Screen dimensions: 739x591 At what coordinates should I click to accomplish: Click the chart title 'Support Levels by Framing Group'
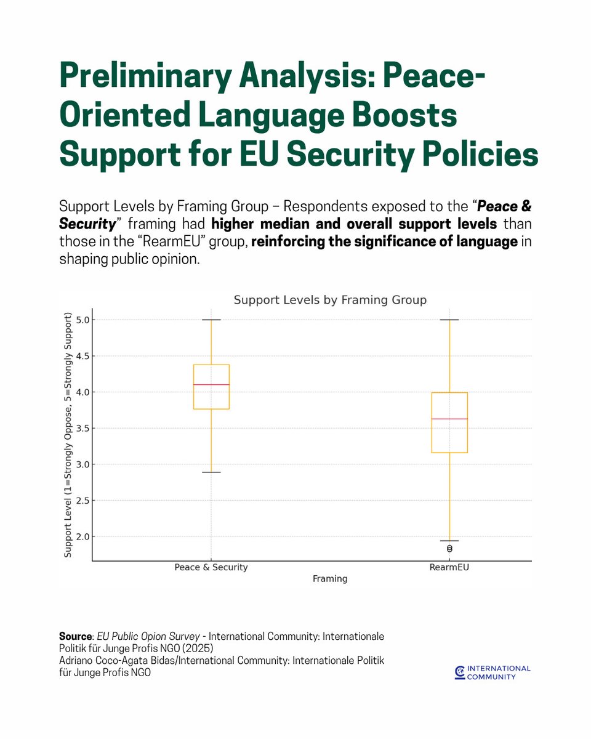330,300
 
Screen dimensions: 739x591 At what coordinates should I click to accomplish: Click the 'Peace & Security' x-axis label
211,567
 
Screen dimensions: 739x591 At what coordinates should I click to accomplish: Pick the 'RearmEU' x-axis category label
449,567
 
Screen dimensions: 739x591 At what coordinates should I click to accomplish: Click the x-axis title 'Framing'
330,579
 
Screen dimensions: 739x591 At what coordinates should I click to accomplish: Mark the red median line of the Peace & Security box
211,384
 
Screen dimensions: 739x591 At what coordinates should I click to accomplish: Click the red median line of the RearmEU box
449,419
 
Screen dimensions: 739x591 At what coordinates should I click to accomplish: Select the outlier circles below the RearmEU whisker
449,548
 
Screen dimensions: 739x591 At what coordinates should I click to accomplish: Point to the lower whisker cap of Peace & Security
211,472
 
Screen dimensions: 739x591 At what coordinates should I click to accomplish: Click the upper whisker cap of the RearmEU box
449,320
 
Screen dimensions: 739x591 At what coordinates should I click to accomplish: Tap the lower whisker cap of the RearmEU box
449,541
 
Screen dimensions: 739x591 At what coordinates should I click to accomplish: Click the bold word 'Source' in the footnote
74,636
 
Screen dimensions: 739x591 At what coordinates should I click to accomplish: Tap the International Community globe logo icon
459,672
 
